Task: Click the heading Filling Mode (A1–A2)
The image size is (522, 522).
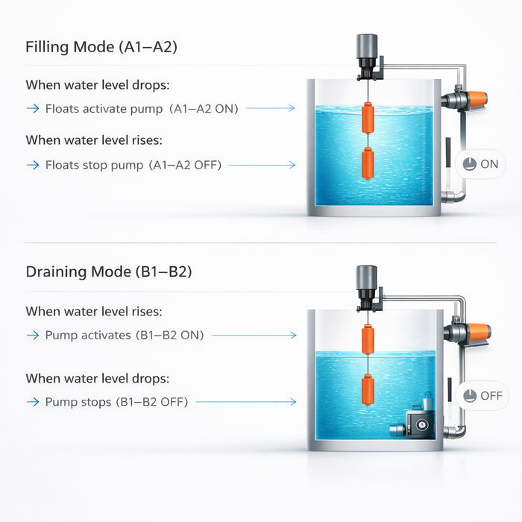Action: click(101, 47)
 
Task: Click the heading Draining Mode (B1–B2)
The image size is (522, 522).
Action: click(109, 271)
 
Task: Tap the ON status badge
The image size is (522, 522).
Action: click(480, 164)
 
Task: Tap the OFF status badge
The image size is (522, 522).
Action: click(482, 396)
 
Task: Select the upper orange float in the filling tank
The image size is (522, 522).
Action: click(368, 118)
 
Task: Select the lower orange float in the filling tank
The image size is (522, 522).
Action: click(368, 163)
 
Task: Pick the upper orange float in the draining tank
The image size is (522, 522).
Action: click(368, 339)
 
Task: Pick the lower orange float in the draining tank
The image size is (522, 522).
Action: click(368, 390)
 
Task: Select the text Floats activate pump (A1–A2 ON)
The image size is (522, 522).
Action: click(142, 109)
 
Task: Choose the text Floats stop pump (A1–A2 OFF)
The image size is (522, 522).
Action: click(133, 165)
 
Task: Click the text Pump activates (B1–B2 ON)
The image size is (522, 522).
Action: click(125, 336)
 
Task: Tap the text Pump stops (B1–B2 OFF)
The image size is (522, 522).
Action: click(116, 402)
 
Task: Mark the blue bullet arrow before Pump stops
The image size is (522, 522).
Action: click(33, 402)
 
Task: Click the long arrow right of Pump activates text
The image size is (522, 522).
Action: click(254, 336)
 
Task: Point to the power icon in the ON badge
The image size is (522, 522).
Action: click(469, 164)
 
